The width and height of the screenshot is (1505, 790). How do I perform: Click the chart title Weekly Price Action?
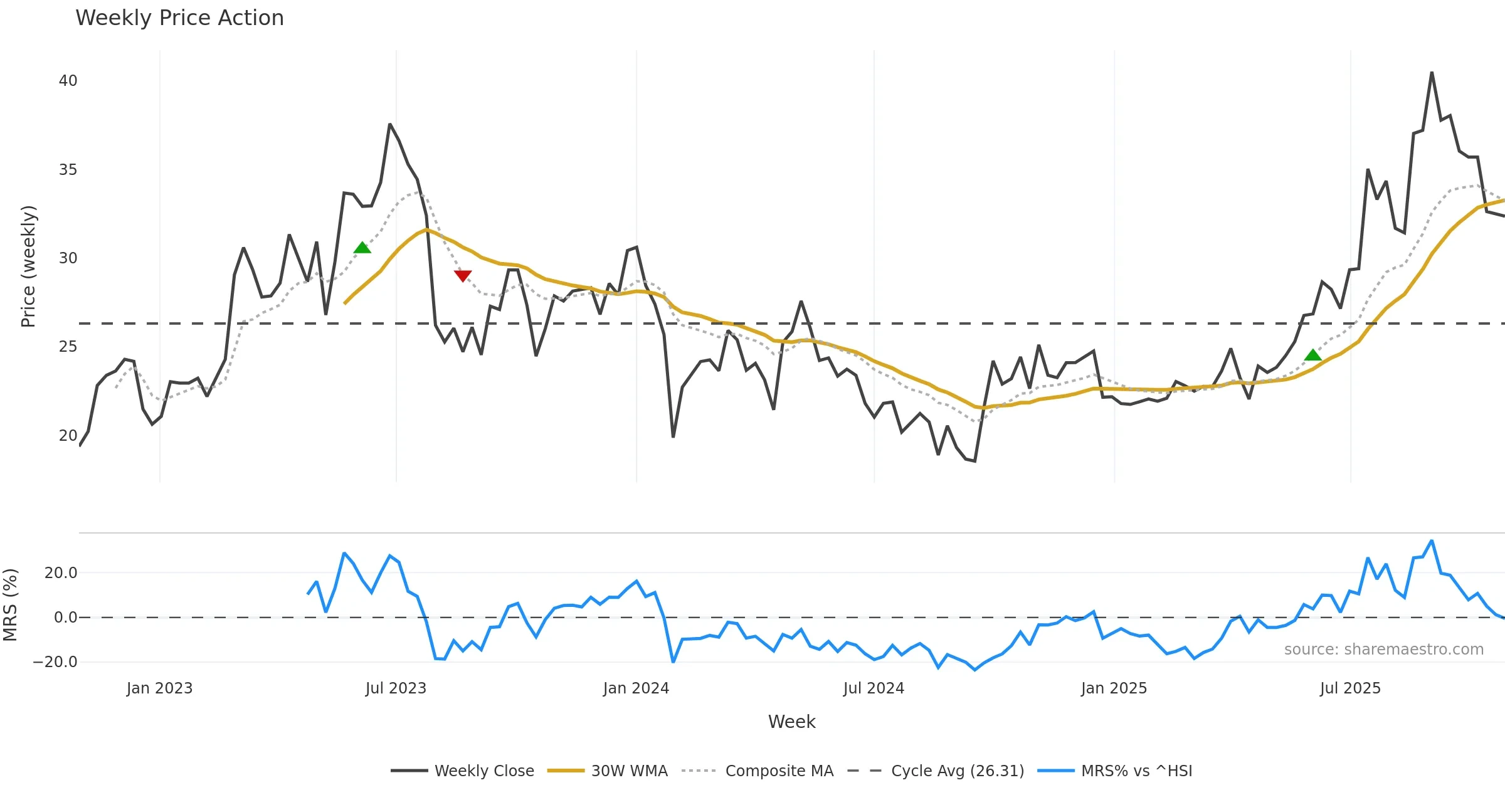[x=179, y=18]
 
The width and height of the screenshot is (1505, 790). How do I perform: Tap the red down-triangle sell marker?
[x=463, y=276]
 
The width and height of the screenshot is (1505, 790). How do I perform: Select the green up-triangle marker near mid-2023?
[x=362, y=248]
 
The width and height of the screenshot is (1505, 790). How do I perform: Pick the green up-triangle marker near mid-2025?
[x=1313, y=355]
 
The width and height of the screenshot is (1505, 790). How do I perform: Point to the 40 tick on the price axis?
[x=68, y=81]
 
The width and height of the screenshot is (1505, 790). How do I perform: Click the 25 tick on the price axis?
[x=68, y=347]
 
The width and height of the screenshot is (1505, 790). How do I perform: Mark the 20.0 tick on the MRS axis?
[x=61, y=572]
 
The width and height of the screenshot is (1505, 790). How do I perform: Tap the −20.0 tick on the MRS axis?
[x=55, y=661]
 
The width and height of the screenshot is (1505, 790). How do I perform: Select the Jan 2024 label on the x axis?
[x=636, y=688]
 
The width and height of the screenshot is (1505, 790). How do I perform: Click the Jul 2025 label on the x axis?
[x=1350, y=688]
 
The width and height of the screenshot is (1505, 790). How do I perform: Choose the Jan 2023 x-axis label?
[x=159, y=688]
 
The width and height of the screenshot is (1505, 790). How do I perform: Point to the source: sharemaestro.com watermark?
[x=1383, y=649]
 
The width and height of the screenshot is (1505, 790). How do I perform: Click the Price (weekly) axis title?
[x=28, y=266]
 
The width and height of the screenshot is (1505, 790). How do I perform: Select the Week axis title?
[x=791, y=722]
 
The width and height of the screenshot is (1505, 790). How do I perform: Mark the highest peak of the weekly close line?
[x=1432, y=73]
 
